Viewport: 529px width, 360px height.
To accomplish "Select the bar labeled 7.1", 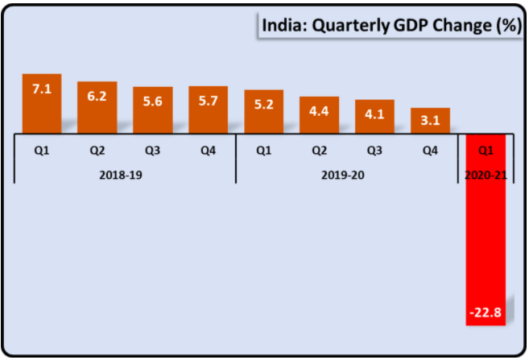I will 42,104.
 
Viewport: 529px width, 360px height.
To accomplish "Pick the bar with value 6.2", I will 97,107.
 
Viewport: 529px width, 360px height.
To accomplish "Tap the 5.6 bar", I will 153,110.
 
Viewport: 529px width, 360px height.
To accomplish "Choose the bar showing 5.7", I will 209,110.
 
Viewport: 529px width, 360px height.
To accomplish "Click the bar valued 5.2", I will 263,112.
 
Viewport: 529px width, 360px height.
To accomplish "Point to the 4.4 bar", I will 319,115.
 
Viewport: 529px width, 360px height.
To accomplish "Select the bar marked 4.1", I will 374,117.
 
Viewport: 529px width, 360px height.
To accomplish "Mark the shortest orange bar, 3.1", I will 430,121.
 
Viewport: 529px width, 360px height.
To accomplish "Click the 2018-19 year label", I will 125,173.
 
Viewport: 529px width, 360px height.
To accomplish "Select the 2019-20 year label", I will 346,173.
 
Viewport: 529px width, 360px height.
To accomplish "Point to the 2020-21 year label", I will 486,173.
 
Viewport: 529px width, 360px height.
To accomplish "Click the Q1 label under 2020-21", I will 486,150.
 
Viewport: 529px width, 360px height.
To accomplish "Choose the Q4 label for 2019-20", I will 430,150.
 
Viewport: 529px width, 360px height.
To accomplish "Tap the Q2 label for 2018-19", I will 97,150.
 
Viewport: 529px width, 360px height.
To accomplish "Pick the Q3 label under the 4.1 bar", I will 374,150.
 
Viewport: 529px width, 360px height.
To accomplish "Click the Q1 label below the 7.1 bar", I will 42,150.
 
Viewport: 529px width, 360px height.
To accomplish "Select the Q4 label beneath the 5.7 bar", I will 209,150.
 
